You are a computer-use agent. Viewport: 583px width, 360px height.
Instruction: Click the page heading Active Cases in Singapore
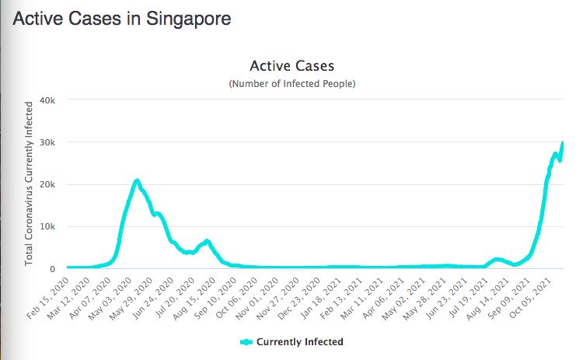[x=122, y=19]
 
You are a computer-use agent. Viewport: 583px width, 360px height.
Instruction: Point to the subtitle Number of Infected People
[x=291, y=83]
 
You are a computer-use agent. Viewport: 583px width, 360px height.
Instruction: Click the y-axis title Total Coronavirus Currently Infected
[x=29, y=183]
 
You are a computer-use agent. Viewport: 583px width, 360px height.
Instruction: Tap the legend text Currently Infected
[x=299, y=341]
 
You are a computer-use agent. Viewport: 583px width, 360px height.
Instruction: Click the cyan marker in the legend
[x=246, y=341]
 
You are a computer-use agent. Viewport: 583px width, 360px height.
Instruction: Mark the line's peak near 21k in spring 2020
[x=137, y=181]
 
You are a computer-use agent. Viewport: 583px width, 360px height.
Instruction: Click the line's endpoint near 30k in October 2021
[x=562, y=143]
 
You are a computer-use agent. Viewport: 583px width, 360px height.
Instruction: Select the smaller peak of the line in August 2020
[x=207, y=241]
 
